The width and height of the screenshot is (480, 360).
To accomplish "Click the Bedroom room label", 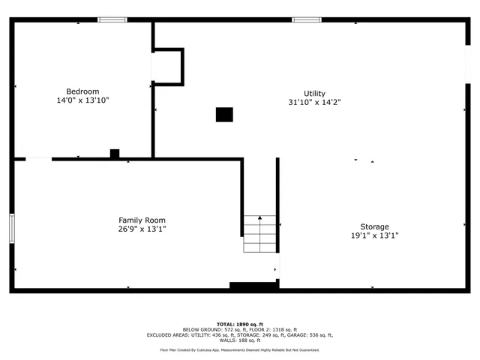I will pyautogui.click(x=82, y=91).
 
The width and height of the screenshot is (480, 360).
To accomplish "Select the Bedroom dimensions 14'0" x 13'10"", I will pyautogui.click(x=82, y=100).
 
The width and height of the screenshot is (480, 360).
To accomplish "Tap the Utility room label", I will pyautogui.click(x=314, y=94).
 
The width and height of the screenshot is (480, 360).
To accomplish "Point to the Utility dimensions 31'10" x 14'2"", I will pyautogui.click(x=314, y=102).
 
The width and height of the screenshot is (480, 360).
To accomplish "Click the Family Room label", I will pyautogui.click(x=142, y=220).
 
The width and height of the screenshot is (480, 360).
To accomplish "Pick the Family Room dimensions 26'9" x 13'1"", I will pyautogui.click(x=142, y=229).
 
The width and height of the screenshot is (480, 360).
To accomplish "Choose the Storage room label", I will pyautogui.click(x=374, y=226).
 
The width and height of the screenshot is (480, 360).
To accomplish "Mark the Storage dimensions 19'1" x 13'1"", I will pyautogui.click(x=374, y=235).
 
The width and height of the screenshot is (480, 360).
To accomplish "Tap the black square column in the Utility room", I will pyautogui.click(x=224, y=115).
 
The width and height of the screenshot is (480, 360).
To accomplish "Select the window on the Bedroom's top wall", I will pyautogui.click(x=112, y=19).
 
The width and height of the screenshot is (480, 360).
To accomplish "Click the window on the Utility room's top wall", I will pyautogui.click(x=306, y=19).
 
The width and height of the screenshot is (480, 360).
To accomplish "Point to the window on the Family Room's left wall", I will pyautogui.click(x=11, y=228).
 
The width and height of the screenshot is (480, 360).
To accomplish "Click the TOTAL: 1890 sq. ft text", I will pyautogui.click(x=240, y=323).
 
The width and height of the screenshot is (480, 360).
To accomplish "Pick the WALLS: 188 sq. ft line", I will pyautogui.click(x=240, y=340).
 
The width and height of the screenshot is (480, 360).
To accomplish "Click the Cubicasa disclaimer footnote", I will pyautogui.click(x=240, y=349).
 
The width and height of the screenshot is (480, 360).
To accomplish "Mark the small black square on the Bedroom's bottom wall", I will pyautogui.click(x=115, y=154).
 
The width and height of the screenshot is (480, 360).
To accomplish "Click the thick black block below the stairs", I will pyautogui.click(x=253, y=286).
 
